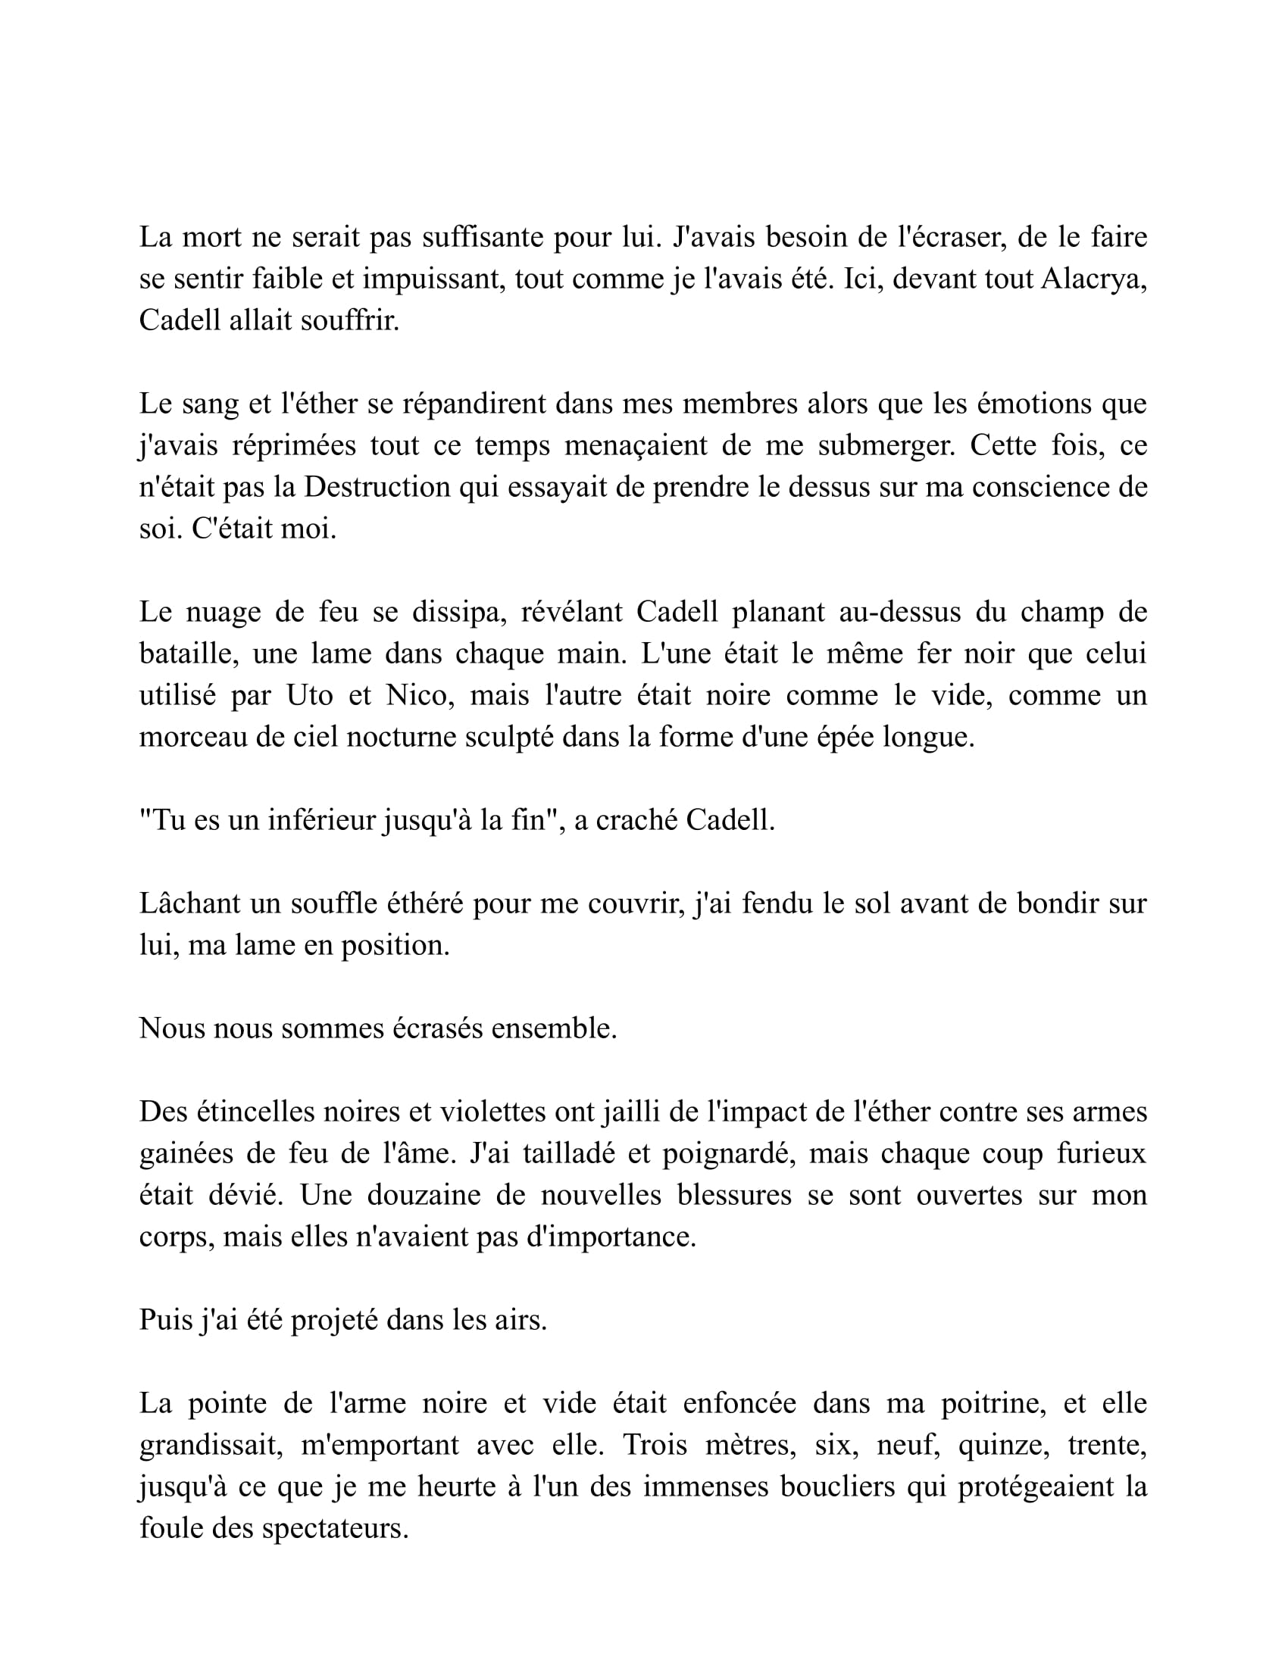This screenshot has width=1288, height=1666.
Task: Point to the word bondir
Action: (x=1067, y=903)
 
